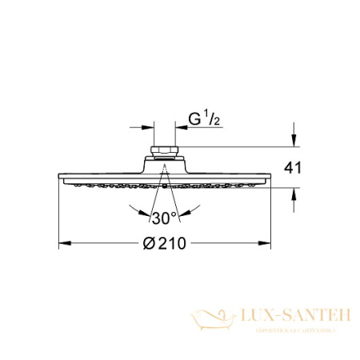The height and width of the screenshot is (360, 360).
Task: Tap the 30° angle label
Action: click(x=163, y=217)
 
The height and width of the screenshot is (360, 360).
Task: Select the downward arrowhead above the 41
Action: click(x=294, y=142)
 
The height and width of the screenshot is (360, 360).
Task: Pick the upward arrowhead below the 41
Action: click(x=294, y=194)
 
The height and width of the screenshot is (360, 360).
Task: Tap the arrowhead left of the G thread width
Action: click(x=149, y=126)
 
